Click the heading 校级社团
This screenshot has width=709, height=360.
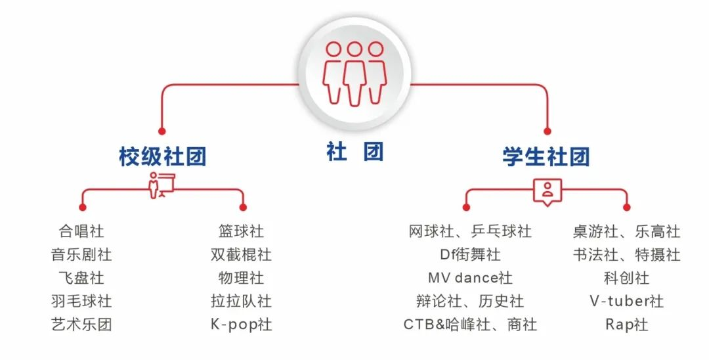tap(163, 156)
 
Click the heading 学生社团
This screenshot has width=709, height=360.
tap(546, 156)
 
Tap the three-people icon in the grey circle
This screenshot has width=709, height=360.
tap(354, 74)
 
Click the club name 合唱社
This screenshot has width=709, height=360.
tap(81, 231)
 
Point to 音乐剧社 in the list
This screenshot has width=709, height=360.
tap(81, 255)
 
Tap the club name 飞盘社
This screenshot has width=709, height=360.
tap(81, 278)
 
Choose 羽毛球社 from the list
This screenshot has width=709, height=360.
tap(81, 302)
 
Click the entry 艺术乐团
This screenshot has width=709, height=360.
tap(81, 325)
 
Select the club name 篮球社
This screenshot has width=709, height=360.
tap(241, 231)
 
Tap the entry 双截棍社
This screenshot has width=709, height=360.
tap(241, 255)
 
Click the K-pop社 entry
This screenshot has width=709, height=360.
tap(241, 325)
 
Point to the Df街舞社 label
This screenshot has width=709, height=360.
tap(470, 255)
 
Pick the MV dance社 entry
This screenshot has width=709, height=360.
tap(470, 278)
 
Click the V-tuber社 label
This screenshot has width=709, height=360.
tap(627, 302)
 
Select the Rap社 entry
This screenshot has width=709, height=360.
tap(627, 325)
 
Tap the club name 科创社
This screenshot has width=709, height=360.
tap(627, 278)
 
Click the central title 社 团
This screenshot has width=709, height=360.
tap(355, 151)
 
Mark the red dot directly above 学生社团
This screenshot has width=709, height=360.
tap(547, 131)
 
